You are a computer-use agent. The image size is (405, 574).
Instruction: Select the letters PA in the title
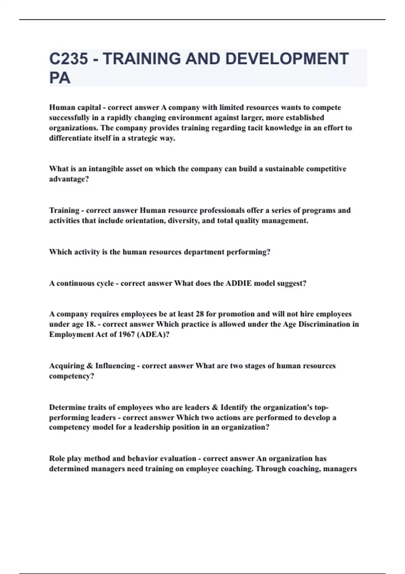60,78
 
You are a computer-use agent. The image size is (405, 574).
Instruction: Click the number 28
199,314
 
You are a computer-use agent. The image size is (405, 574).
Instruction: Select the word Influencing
115,366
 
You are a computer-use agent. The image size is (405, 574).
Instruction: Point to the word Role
57,459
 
